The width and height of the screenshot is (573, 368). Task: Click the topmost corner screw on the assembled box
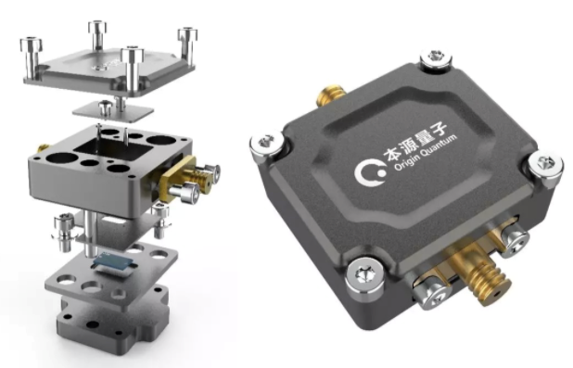(436, 58)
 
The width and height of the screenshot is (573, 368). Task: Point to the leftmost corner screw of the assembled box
(267, 144)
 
